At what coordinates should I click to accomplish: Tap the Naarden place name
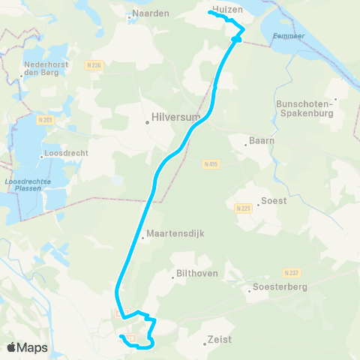(151, 13)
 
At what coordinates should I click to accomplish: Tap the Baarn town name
(262, 140)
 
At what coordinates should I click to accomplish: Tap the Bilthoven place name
(196, 274)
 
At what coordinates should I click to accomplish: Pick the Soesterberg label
(279, 286)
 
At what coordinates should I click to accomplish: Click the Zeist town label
(220, 340)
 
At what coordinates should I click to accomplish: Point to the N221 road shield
(241, 208)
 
